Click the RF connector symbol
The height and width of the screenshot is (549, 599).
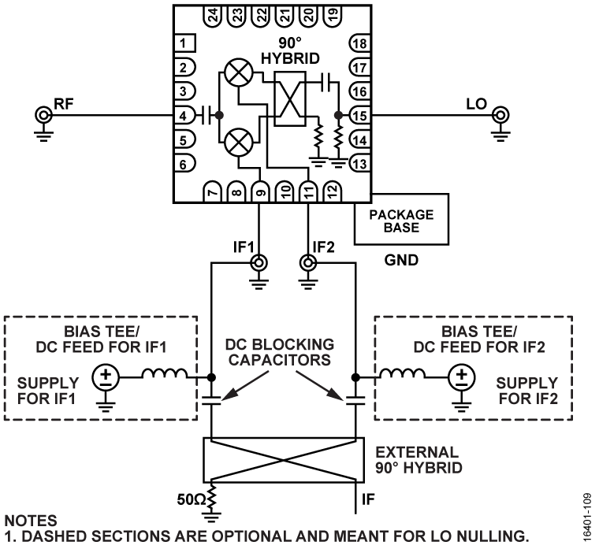(43, 117)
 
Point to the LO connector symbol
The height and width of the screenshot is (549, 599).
(500, 117)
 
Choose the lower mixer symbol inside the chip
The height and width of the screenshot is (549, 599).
(236, 144)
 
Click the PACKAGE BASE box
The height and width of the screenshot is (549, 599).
(402, 220)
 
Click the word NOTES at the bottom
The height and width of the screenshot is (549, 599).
(28, 521)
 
